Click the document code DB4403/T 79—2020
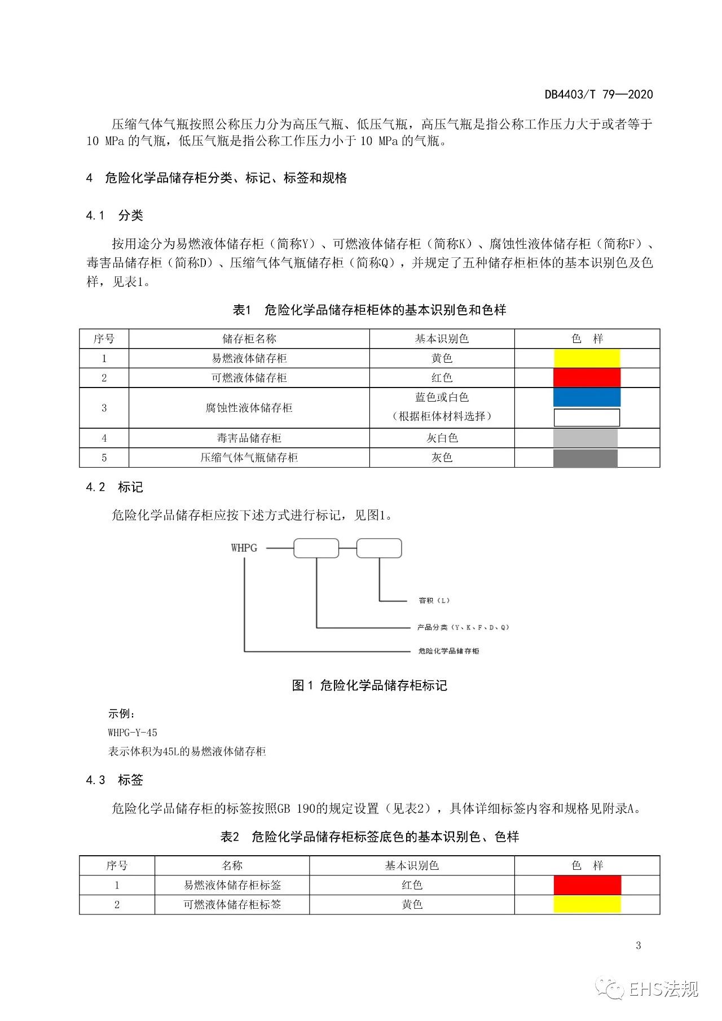tap(598, 95)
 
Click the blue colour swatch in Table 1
tap(587, 397)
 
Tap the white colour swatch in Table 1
tap(587, 417)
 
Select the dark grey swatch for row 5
tap(585, 458)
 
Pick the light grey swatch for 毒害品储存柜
tap(585, 438)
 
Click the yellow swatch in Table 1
tap(587, 358)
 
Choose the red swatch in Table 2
tap(587, 885)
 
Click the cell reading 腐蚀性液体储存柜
tap(249, 408)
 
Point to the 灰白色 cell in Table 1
tap(442, 438)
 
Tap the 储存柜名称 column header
tap(249, 338)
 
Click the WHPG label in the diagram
tap(244, 548)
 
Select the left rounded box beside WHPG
tap(316, 548)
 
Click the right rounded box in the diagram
tap(379, 548)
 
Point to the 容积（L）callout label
tap(434, 601)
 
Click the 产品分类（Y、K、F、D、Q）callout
tap(463, 627)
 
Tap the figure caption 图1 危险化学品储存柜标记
tap(369, 685)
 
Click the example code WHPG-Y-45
tap(133, 733)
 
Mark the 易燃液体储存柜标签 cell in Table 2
tap(232, 885)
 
